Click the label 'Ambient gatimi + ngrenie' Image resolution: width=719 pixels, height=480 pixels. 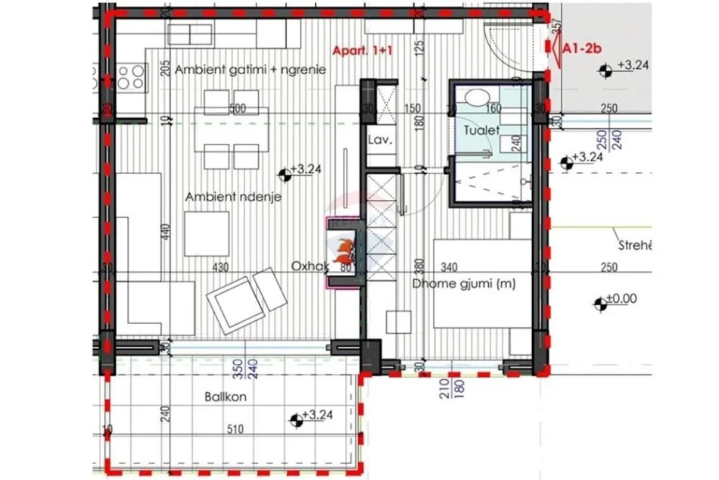pyautogui.click(x=250, y=70)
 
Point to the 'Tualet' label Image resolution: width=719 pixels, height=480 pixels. pyautogui.click(x=481, y=130)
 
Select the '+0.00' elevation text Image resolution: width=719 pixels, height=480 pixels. pyautogui.click(x=623, y=299)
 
